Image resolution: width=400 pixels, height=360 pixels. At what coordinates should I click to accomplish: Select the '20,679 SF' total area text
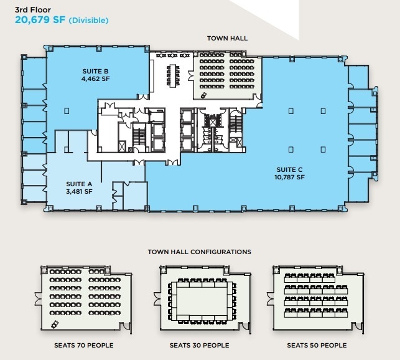(x=40, y=21)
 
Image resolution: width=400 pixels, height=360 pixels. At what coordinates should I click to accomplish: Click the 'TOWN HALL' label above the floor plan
(x=227, y=39)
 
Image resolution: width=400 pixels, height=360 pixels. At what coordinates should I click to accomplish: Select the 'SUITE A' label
(x=79, y=184)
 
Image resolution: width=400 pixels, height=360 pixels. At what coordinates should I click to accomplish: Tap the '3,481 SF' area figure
(x=79, y=192)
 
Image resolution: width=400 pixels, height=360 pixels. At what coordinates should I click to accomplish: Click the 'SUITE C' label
(x=289, y=169)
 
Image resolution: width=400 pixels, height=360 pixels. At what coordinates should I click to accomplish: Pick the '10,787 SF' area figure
(x=289, y=177)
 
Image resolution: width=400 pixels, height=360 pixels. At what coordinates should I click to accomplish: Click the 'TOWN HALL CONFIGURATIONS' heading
(x=199, y=252)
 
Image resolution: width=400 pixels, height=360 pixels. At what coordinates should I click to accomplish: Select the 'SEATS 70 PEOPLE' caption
(x=84, y=345)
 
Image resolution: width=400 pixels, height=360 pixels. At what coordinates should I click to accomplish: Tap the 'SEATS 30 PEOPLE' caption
(x=199, y=345)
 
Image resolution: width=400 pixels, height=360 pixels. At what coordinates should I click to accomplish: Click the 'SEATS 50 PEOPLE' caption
(x=317, y=345)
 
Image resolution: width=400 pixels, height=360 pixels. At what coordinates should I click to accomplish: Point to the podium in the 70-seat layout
(x=55, y=324)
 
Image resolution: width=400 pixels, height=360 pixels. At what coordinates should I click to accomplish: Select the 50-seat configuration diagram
(x=316, y=298)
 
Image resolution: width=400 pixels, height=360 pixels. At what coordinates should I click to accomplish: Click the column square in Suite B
(x=66, y=110)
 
